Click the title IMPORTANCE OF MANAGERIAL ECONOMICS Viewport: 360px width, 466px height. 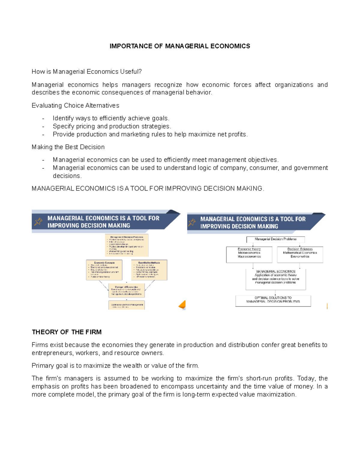click(x=180, y=46)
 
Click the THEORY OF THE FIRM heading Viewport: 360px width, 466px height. click(x=67, y=332)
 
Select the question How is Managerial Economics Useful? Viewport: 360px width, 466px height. click(x=87, y=71)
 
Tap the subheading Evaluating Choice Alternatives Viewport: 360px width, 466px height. click(x=75, y=105)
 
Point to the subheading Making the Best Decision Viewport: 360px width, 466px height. click(x=68, y=147)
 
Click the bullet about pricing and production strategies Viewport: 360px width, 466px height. click(x=112, y=126)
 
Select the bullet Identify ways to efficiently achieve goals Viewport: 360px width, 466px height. click(x=111, y=118)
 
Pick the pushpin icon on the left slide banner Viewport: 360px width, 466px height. click(x=38, y=221)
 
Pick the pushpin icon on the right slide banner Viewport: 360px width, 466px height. click(x=192, y=223)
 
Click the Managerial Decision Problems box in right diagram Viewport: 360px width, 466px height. click(x=275, y=239)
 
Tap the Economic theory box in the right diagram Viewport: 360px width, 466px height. click(x=249, y=254)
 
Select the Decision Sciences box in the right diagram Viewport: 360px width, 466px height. click(x=300, y=254)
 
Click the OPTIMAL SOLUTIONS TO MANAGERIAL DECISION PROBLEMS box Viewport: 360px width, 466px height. click(x=273, y=300)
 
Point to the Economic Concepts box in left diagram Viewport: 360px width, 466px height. click(x=104, y=270)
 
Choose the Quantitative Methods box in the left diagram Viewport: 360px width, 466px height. click(x=149, y=270)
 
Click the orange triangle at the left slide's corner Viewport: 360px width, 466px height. click(x=183, y=305)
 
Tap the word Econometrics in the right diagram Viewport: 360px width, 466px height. click(x=300, y=257)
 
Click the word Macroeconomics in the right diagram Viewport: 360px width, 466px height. click(x=249, y=257)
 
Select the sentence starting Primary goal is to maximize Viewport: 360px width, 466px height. click(x=115, y=365)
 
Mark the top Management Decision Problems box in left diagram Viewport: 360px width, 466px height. click(x=127, y=245)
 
